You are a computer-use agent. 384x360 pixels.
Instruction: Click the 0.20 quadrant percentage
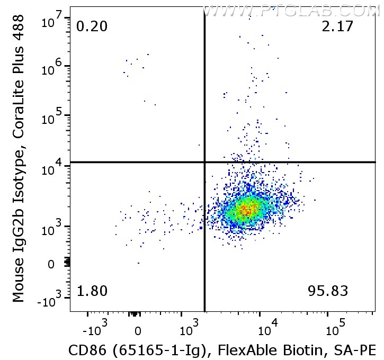coord(92,26)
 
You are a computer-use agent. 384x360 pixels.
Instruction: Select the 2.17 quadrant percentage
coord(337,26)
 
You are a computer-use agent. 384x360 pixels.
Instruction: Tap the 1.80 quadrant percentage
coord(92,291)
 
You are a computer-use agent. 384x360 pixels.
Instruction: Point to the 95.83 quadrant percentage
coord(328,291)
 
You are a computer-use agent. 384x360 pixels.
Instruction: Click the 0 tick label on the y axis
coord(51,264)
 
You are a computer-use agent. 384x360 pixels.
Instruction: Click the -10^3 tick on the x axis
coord(97,331)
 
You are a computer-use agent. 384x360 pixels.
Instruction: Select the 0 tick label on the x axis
coord(138,332)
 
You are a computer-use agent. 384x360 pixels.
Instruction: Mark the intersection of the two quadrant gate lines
coord(204,162)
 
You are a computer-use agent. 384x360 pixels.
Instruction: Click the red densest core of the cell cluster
coord(246,210)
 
